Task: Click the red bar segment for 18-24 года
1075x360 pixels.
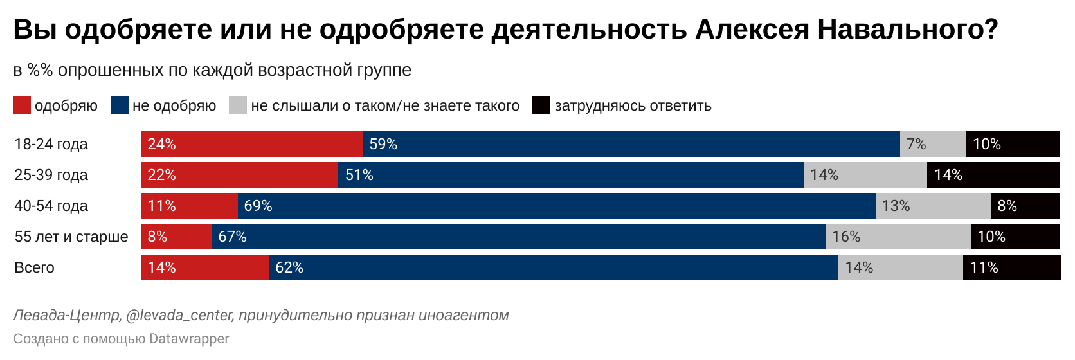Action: [251, 144]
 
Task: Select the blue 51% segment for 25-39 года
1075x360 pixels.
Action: [570, 175]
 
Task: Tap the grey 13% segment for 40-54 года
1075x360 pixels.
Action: [933, 206]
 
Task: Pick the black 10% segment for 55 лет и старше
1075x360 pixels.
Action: [1015, 237]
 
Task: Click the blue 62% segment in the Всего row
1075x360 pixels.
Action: [553, 267]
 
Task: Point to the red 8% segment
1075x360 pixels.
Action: [177, 237]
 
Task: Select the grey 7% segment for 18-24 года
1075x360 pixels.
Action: [932, 144]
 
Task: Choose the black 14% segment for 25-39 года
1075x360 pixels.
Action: [993, 175]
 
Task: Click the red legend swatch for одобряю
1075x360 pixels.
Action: [22, 105]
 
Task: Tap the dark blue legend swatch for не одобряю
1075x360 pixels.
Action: [120, 105]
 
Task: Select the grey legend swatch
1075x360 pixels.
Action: [238, 105]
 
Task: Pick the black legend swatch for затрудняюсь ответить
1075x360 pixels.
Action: [541, 105]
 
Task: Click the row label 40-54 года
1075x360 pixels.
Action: [51, 206]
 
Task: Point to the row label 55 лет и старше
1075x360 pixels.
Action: [71, 237]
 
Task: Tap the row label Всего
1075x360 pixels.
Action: [34, 267]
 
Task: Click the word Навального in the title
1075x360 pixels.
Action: [907, 30]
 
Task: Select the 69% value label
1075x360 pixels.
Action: [258, 206]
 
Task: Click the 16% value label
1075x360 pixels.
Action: [846, 237]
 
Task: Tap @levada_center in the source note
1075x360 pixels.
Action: [179, 315]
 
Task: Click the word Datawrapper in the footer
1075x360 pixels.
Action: [189, 338]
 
